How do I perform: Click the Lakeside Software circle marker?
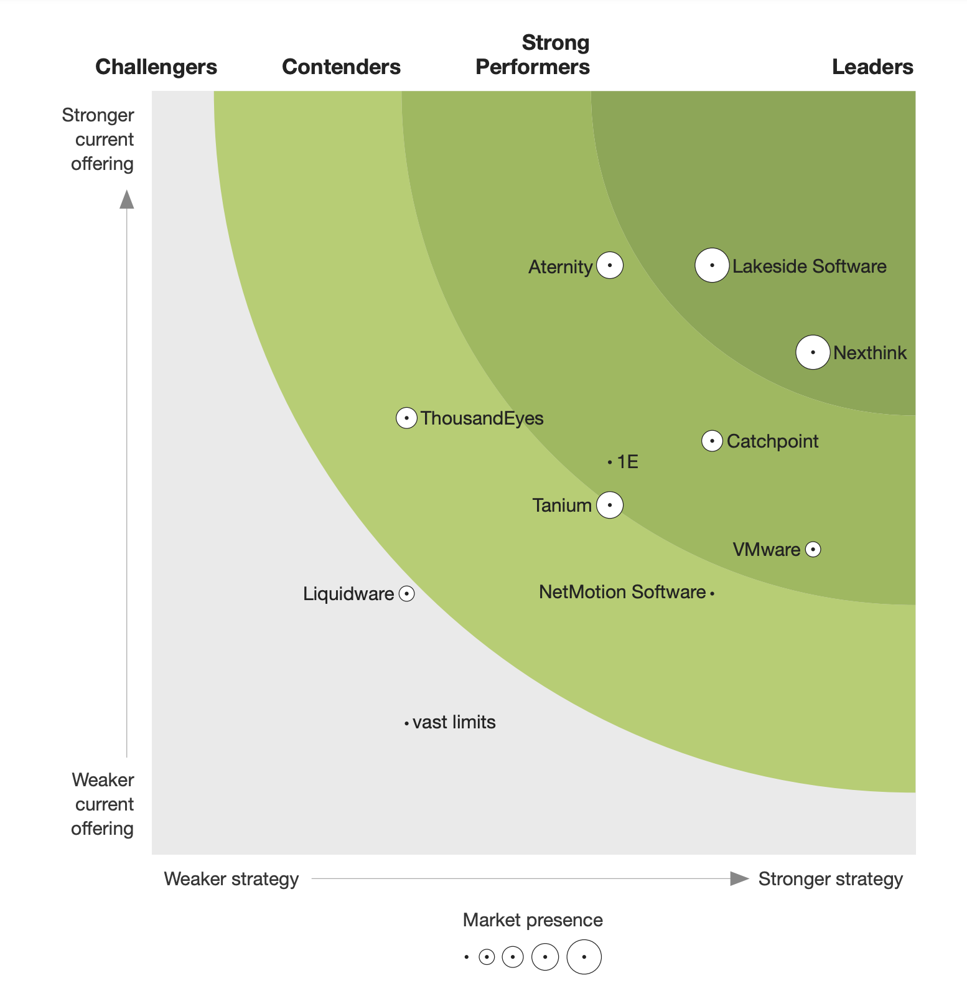pos(712,265)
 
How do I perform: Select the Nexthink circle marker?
pos(813,352)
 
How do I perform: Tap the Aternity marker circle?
pos(610,266)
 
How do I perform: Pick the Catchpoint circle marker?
pos(712,441)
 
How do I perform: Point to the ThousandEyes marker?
pos(406,418)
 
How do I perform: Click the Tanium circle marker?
pos(610,505)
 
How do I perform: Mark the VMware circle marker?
pos(813,549)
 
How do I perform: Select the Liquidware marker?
pos(406,594)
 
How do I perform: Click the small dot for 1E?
pos(610,462)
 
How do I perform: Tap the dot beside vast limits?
pos(406,723)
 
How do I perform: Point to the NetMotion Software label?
pos(622,592)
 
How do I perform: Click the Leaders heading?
pos(872,67)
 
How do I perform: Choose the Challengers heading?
pos(156,67)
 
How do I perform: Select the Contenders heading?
pos(341,67)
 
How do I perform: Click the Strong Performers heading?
pos(533,55)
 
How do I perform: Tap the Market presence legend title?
pos(533,920)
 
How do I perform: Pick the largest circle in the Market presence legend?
pos(584,957)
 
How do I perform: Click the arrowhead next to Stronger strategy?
pos(739,878)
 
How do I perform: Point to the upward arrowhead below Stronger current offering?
pos(127,200)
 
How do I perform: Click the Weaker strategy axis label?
pos(231,879)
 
